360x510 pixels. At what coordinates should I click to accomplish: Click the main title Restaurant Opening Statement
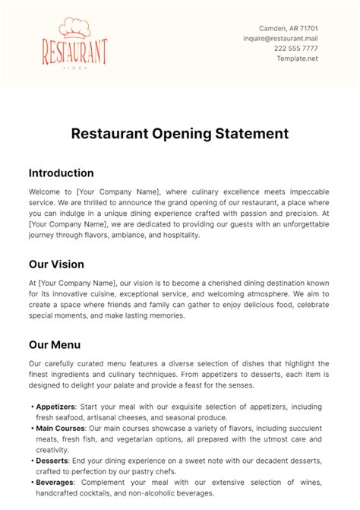click(x=180, y=134)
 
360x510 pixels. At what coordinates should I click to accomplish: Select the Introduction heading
click(x=61, y=173)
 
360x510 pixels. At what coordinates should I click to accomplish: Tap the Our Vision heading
click(x=56, y=265)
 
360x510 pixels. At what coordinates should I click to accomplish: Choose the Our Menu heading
click(x=55, y=344)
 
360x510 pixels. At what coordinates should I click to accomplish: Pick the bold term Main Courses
click(x=66, y=428)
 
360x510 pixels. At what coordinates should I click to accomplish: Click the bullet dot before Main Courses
click(x=33, y=428)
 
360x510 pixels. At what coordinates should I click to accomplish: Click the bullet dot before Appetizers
click(x=33, y=407)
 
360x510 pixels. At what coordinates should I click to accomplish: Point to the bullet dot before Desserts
click(x=33, y=461)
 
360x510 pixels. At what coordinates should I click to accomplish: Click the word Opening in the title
click(x=177, y=134)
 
